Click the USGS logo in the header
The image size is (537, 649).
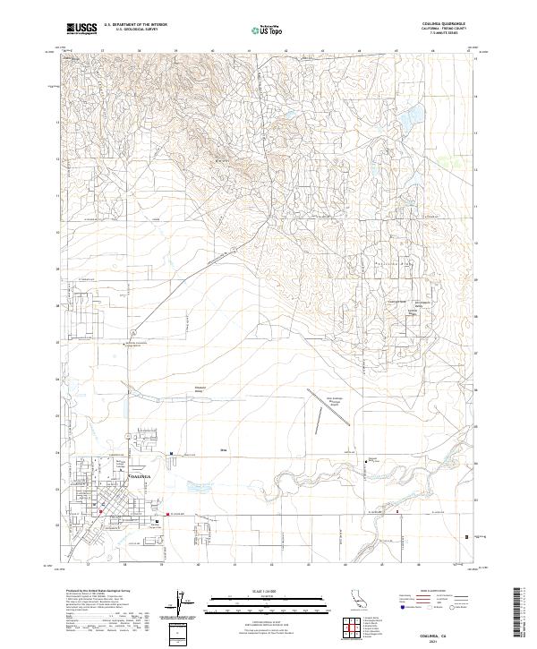click(81, 29)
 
